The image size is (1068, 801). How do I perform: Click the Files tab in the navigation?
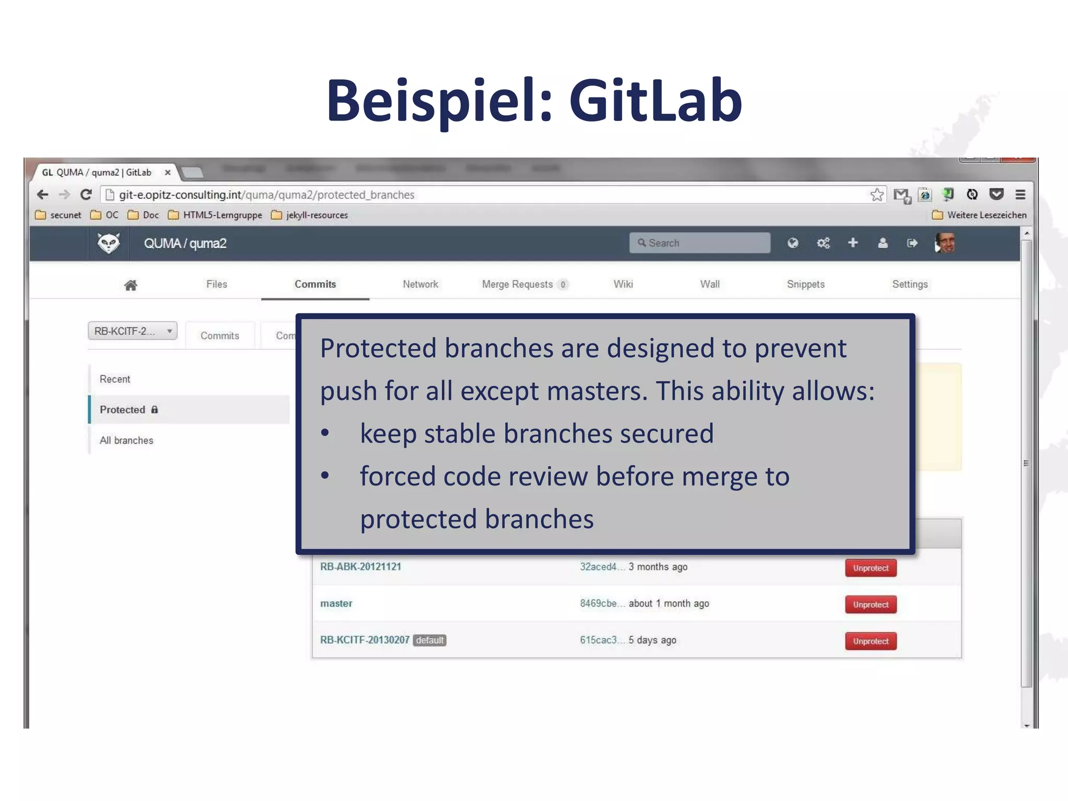coord(216,284)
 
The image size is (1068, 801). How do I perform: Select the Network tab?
coord(420,284)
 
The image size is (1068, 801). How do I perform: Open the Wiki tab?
coord(623,284)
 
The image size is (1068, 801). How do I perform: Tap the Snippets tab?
coord(806,284)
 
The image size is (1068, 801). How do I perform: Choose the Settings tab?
coord(910,284)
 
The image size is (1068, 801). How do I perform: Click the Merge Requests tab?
coord(517,284)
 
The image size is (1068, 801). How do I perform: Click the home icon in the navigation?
coord(130,285)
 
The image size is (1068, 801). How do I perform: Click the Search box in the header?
coord(699,243)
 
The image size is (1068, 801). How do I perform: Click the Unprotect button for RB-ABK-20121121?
coord(870,568)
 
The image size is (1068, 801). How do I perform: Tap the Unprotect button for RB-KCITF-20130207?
coord(870,641)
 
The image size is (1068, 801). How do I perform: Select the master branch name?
coord(336,603)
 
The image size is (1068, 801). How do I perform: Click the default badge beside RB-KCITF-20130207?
coord(430,640)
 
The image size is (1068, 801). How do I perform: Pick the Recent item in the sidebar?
coord(115,379)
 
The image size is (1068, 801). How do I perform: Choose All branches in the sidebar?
coord(126,441)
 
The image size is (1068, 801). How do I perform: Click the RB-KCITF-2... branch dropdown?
coord(132,331)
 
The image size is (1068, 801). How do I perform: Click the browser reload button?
coord(86,195)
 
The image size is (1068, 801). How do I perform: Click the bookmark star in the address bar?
coord(877,195)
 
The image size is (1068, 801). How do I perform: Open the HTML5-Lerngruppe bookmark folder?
coord(215,215)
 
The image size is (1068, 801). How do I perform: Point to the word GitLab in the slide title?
coord(655,100)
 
